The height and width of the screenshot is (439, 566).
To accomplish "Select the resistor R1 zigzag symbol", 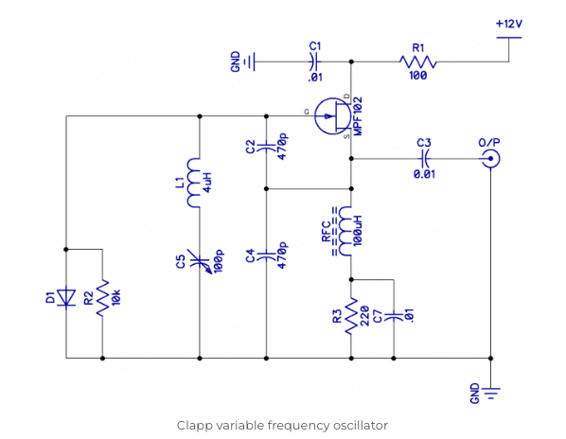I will click(x=417, y=62).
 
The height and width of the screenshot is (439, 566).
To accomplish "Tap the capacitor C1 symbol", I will click(x=315, y=62).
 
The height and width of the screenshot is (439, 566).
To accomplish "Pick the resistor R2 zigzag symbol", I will click(x=102, y=298).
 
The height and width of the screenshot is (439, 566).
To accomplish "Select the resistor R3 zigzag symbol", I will click(x=351, y=315).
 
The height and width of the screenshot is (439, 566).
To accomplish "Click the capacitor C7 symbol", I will click(x=393, y=316).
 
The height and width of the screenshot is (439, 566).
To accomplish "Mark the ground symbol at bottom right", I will click(x=490, y=390).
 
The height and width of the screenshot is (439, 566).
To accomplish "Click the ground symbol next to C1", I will click(x=249, y=62).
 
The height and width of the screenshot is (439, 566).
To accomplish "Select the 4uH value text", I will click(x=215, y=182).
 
